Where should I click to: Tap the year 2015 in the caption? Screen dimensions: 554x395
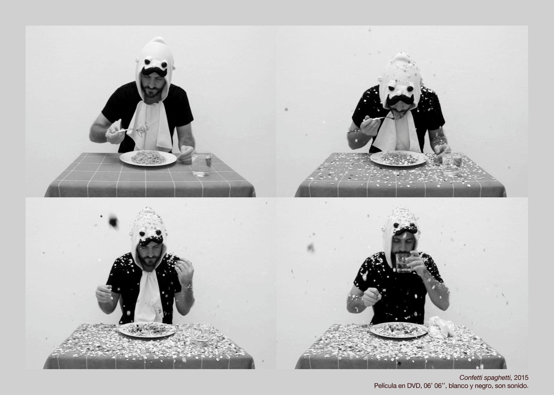pyautogui.click(x=521, y=378)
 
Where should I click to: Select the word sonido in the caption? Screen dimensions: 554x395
pyautogui.click(x=517, y=386)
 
